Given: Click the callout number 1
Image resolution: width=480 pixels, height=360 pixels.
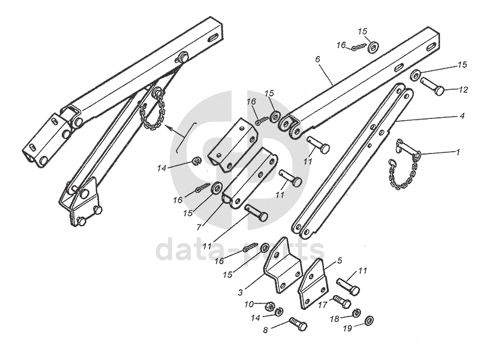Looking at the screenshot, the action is coord(457,152).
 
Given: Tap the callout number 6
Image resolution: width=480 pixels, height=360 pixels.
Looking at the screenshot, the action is coord(317,60).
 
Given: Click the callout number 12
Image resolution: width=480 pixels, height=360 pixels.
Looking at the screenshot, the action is coord(464,90).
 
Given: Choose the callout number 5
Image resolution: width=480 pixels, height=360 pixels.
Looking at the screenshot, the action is coord(339,260).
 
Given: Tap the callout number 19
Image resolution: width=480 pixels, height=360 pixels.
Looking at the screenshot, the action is coord(346,327).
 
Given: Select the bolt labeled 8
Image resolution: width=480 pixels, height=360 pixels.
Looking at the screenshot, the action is coord(298,325).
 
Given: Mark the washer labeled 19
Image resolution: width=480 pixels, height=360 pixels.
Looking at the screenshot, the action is coord(368,321).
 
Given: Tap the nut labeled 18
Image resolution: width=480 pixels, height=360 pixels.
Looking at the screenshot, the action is coord(356,313).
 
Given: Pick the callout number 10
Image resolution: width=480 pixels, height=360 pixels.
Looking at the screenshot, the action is coord(248,305).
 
